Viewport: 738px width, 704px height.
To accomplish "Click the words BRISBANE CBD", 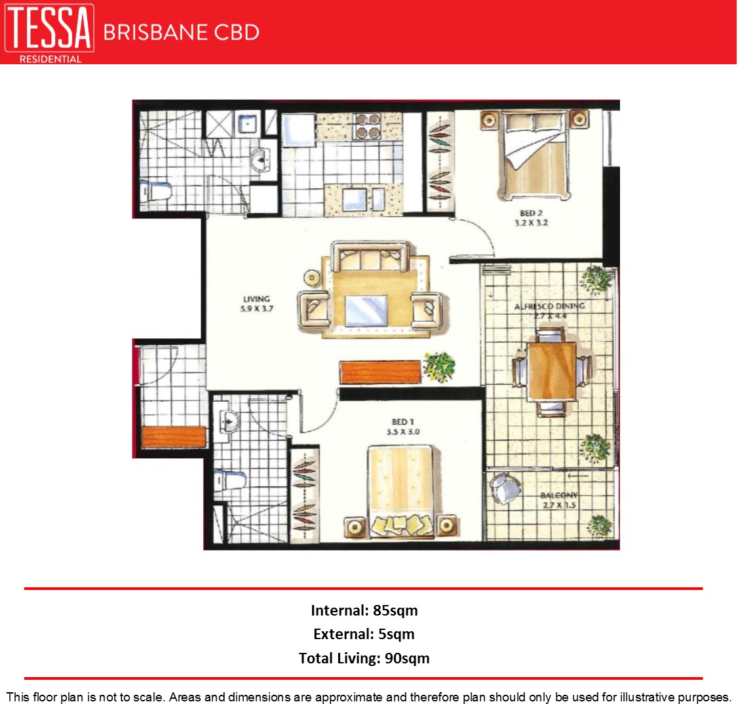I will click(x=181, y=32).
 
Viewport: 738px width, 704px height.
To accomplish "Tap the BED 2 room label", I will click(x=531, y=213).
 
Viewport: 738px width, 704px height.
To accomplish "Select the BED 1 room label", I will click(x=403, y=422).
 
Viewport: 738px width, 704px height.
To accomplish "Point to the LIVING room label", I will click(x=256, y=299).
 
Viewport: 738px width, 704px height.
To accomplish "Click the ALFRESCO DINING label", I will click(x=549, y=306).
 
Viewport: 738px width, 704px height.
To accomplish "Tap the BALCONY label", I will click(x=559, y=496).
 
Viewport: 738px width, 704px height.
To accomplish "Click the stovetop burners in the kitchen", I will click(x=367, y=126).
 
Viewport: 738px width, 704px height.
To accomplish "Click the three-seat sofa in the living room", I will click(x=370, y=257).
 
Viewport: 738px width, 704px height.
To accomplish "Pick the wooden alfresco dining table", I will click(x=552, y=371).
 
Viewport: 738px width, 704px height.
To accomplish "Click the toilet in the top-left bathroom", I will click(x=157, y=191).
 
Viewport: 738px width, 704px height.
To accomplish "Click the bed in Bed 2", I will click(x=534, y=157).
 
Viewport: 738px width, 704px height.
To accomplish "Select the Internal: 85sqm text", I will click(x=364, y=610).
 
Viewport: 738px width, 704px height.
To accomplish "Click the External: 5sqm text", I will click(x=364, y=634).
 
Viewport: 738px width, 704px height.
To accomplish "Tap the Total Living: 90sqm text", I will click(x=364, y=657).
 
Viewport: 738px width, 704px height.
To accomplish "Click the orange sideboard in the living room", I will click(x=380, y=372).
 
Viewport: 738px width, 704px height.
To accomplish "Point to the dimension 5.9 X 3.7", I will click(x=256, y=309).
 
